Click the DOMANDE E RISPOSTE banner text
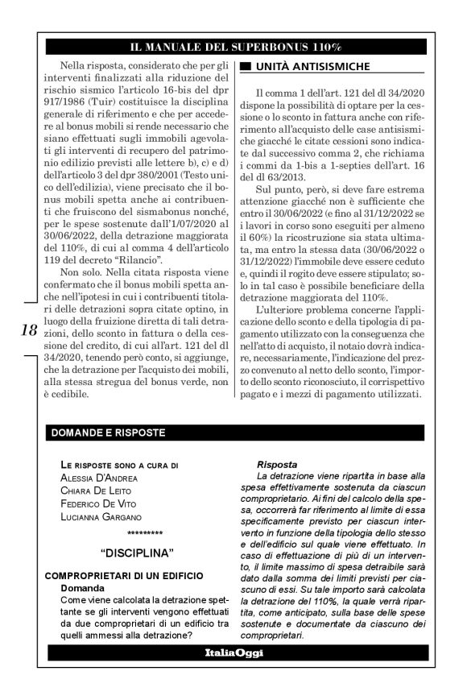coord(108,433)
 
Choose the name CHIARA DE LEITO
coord(96,491)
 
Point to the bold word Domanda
coord(85,588)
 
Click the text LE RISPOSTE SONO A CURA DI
coord(119,465)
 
